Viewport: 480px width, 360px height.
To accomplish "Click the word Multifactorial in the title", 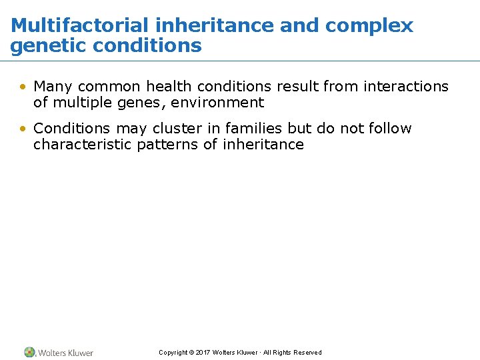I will (x=80, y=26).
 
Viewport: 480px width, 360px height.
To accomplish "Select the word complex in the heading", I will (x=369, y=26).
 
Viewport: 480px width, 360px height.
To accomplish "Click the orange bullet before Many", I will (x=23, y=87).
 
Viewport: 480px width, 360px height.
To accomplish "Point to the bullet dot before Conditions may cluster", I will (x=23, y=128).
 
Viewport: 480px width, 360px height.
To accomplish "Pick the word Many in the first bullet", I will (x=53, y=87).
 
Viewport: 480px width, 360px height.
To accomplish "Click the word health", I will (x=169, y=87).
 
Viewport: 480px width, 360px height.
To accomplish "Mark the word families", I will (x=254, y=128).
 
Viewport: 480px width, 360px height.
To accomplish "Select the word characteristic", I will (x=83, y=145).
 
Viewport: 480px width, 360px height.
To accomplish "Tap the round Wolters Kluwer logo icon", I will (x=29, y=352).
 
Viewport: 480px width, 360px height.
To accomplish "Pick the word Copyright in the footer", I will (x=173, y=353).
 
